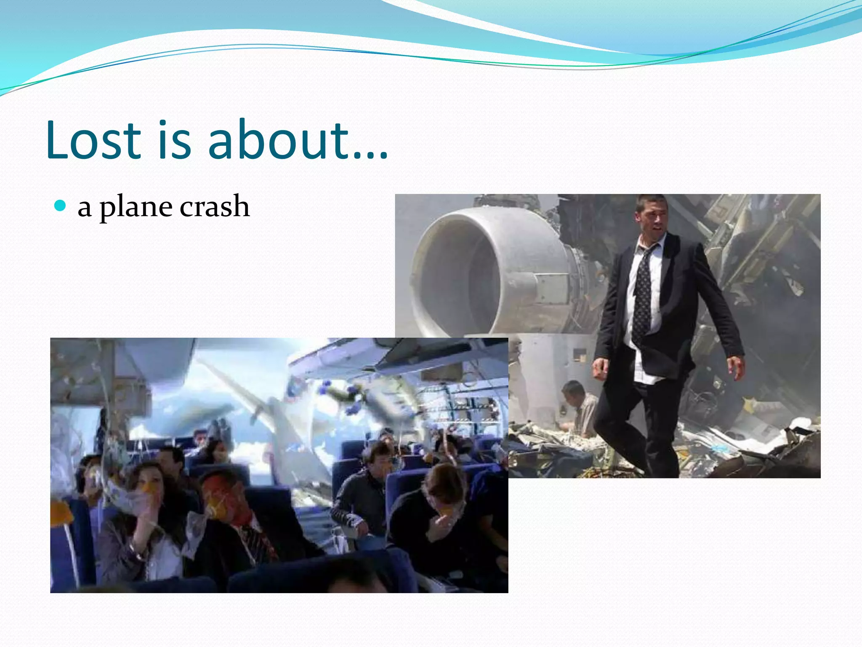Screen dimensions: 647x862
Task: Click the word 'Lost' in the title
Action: pyautogui.click(x=93, y=140)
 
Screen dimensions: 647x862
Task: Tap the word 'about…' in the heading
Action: pyautogui.click(x=297, y=140)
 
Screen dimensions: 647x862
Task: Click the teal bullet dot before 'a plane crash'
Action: pyautogui.click(x=61, y=206)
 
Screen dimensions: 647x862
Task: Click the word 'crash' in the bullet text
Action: pyautogui.click(x=215, y=206)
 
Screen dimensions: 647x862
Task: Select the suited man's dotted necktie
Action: pyautogui.click(x=643, y=291)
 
